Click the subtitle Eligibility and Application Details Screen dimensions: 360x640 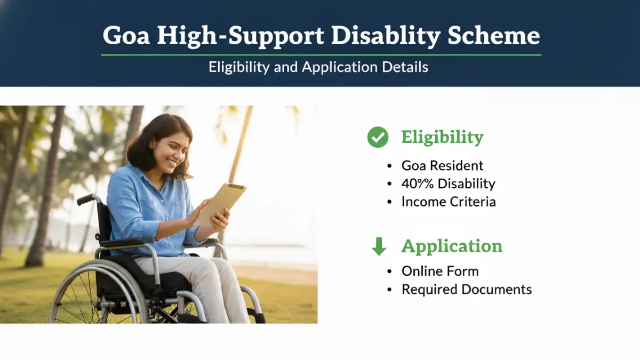318,67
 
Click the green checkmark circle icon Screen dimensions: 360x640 378,137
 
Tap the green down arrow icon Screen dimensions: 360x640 379,246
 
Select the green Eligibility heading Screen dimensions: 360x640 442,137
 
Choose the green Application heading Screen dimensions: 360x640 452,246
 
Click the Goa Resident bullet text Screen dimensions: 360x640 442,165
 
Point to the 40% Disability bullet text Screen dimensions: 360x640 448,183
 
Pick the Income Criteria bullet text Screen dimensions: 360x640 448,202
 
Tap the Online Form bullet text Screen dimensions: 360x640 440,271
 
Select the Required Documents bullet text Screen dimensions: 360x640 467,289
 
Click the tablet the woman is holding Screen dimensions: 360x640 221,203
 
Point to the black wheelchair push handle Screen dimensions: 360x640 85,199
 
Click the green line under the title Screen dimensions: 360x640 321,54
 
